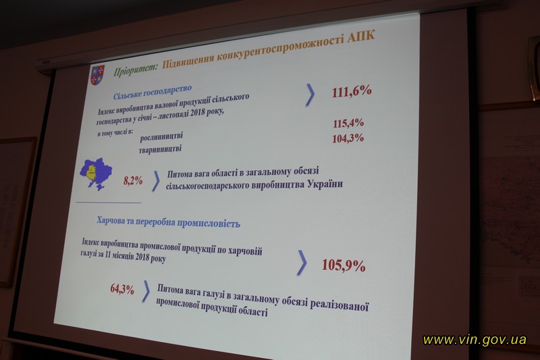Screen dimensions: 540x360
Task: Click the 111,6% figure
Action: [352, 92]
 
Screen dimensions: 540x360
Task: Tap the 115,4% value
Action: [348, 124]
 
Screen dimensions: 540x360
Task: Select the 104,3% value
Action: [348, 138]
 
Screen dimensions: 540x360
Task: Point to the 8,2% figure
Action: [133, 180]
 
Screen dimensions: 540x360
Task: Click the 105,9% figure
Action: [344, 265]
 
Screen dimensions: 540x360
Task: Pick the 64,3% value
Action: [122, 288]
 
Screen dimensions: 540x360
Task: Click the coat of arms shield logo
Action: [97, 75]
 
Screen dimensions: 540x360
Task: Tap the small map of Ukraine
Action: [96, 174]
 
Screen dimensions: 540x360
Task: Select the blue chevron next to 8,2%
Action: [156, 180]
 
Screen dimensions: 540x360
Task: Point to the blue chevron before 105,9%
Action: [302, 263]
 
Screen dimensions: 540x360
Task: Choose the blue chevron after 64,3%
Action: [146, 291]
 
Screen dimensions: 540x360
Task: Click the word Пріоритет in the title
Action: [136, 70]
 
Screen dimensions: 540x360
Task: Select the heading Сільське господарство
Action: [153, 92]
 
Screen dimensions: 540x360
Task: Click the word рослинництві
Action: [161, 136]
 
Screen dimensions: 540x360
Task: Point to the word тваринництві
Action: [160, 149]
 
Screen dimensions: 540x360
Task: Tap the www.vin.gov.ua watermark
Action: [475, 340]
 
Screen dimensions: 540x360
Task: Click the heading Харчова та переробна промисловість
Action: [168, 222]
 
